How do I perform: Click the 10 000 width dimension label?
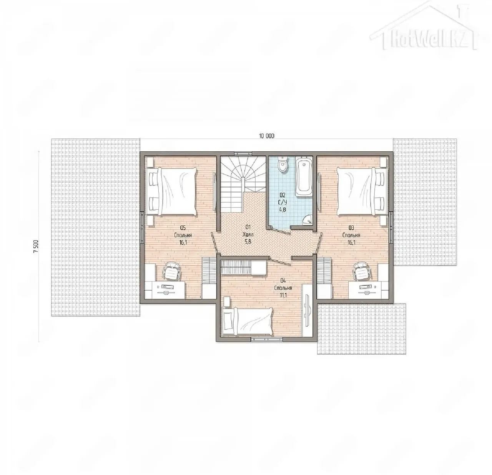266,136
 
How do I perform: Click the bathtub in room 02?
304,176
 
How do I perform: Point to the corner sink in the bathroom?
308,220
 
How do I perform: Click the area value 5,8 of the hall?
247,242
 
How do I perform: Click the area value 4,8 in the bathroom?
283,209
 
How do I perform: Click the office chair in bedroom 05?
172,270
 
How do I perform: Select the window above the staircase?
243,153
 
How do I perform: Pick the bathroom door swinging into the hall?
279,229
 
